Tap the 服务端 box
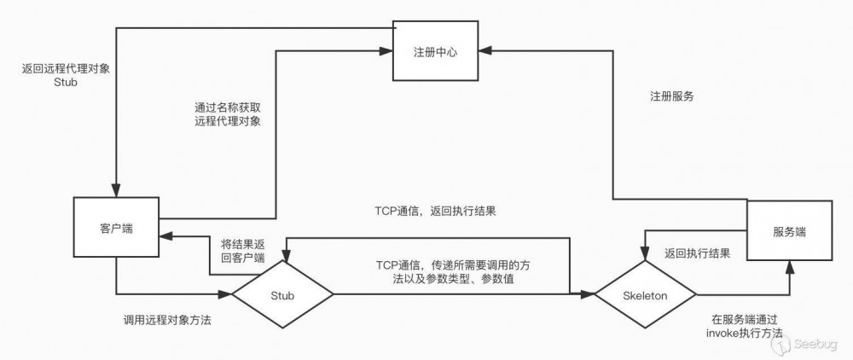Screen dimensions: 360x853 (790, 231)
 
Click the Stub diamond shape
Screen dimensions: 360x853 (281, 295)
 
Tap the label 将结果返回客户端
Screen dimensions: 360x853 (242, 249)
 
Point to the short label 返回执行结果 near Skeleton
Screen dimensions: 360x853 (696, 253)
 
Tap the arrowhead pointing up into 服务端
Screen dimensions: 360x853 (790, 267)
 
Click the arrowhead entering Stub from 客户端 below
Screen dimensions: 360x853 (228, 295)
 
